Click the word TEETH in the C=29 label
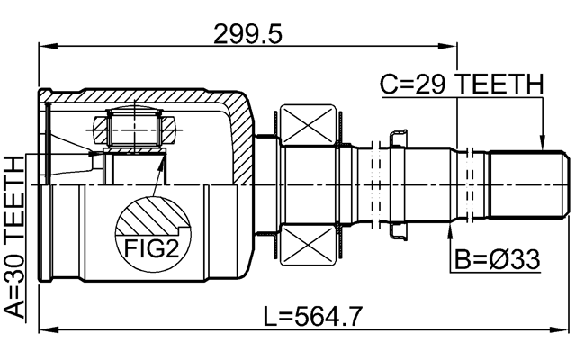coord(500,85)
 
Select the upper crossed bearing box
coord(309,123)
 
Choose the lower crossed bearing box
coord(309,244)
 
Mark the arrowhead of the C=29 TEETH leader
coord(542,144)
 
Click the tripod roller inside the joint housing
coord(135,128)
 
